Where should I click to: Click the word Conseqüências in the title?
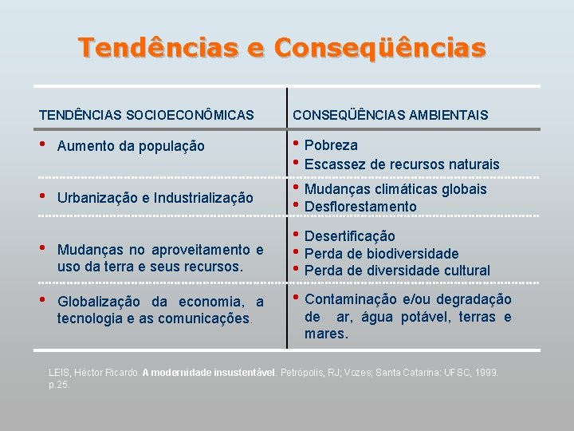coord(380,47)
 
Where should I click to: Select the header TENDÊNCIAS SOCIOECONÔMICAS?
coord(147,116)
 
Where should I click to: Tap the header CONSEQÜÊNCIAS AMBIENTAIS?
coord(391,116)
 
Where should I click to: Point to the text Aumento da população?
coord(131,146)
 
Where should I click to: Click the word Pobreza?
coord(331,145)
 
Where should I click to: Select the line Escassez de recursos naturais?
coord(402,164)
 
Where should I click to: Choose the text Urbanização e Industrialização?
coord(155,197)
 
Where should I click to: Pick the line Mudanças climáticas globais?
coord(395,189)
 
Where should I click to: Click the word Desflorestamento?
coord(360,207)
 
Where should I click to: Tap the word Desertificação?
coord(350,236)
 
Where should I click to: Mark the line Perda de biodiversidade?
coord(382,254)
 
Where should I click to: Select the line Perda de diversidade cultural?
coord(397,271)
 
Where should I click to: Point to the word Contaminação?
coord(352,299)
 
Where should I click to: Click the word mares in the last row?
coord(324,334)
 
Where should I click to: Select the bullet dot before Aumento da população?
coord(44,145)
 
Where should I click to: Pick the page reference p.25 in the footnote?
coord(60,384)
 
